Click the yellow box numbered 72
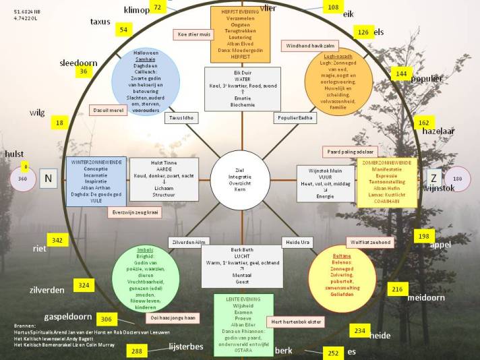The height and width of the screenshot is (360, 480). click(157, 7)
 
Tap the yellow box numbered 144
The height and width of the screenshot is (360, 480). click(402, 73)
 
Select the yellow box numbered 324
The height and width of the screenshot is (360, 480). click(84, 286)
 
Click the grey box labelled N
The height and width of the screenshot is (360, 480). click(48, 179)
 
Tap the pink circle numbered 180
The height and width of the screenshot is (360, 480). click(458, 179)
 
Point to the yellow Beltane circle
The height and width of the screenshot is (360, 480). click(342, 274)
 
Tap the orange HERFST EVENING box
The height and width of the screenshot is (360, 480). click(240, 34)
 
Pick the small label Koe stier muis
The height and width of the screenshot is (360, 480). click(193, 33)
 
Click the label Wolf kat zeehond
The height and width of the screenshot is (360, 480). click(369, 242)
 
